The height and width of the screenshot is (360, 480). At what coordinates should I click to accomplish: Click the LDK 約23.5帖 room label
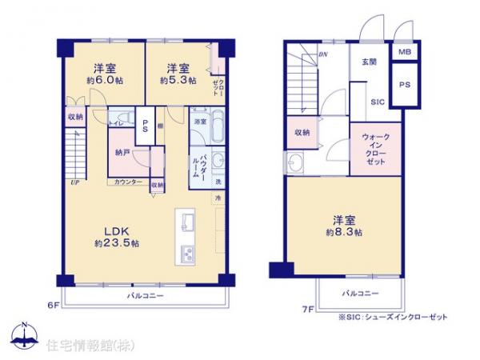click(119, 234)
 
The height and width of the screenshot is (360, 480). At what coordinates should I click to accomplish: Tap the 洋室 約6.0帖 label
click(106, 74)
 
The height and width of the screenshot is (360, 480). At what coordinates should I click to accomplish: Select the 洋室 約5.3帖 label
click(177, 74)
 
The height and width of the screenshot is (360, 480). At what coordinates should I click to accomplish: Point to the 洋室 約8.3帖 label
click(343, 226)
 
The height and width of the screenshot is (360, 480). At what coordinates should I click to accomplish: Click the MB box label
click(405, 53)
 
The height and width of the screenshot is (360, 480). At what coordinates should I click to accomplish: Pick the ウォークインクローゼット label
click(374, 150)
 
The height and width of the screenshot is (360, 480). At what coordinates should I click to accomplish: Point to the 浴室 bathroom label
click(200, 121)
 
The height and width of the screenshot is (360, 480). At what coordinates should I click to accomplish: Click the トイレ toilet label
click(115, 123)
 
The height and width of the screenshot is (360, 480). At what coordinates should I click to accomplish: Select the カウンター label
click(128, 182)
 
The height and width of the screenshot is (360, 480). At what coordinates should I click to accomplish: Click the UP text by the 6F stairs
click(73, 183)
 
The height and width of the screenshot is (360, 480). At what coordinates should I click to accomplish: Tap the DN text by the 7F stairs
click(323, 54)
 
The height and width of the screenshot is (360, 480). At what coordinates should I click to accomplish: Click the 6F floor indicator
click(52, 305)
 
